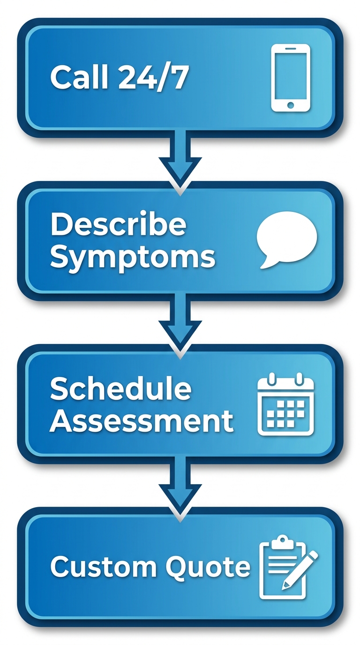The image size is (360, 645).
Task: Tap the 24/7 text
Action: coord(152,77)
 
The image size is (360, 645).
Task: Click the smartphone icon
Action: coord(291,78)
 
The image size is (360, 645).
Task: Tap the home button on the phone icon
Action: coord(291,105)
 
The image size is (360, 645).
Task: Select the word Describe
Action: coord(118,225)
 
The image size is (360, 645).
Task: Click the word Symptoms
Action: coord(133,257)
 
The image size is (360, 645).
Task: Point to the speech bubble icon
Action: coord(287,240)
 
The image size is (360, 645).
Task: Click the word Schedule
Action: coord(120,388)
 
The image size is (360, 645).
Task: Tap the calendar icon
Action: coord(285,404)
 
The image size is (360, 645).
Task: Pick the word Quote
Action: coord(208,566)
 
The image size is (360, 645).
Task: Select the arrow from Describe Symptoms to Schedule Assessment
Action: coord(180,325)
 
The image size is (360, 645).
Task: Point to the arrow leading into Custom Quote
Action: coord(180,488)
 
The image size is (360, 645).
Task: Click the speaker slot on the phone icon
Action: coord(291,49)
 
